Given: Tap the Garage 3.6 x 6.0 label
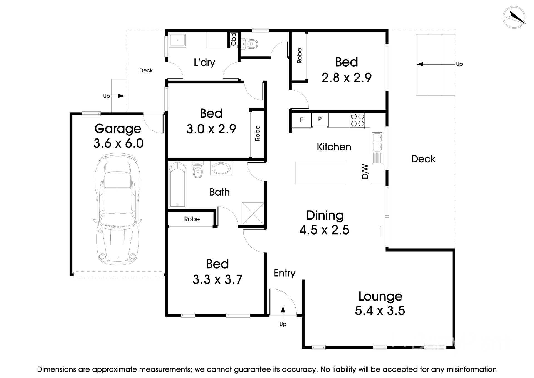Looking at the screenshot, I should [x=118, y=136].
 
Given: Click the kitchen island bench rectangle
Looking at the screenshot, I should [x=321, y=173].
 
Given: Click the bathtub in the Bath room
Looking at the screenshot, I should [x=177, y=185].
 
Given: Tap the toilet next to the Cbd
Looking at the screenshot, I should [x=249, y=44].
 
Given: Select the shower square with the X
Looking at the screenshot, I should [x=253, y=213].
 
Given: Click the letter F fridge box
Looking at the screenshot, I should [x=301, y=120].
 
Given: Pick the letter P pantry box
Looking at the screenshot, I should [x=320, y=119].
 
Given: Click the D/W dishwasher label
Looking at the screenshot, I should [x=365, y=171].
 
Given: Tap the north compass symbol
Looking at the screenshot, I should [x=514, y=17].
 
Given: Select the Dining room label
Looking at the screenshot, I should [x=325, y=215].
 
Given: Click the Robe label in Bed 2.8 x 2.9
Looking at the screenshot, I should [x=299, y=56].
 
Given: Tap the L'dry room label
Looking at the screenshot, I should [x=204, y=62].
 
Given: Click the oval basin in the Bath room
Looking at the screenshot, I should [x=221, y=169].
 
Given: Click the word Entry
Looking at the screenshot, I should [x=284, y=273].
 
